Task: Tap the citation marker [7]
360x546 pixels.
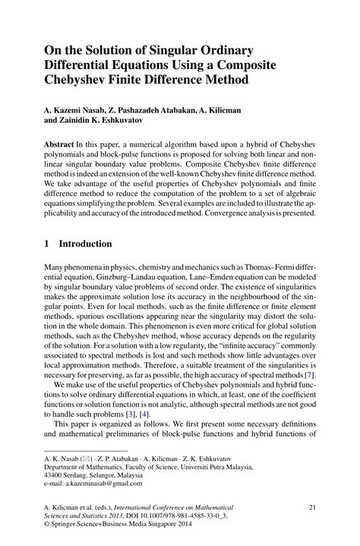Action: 309,375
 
